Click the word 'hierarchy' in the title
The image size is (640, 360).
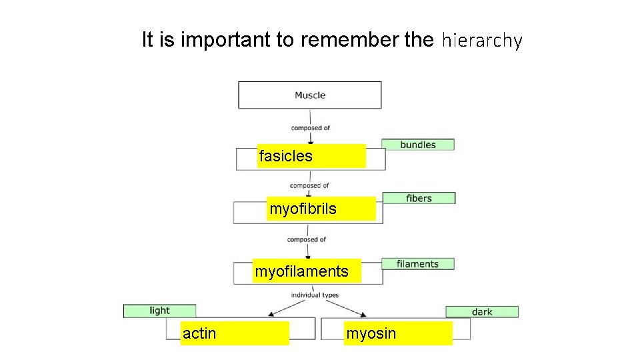pos(481,41)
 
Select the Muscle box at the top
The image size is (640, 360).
pos(310,95)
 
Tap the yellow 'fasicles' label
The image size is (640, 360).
pos(311,156)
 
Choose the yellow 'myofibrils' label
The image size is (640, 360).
pos(322,209)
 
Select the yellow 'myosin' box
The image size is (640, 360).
pos(398,333)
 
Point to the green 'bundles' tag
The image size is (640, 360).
pos(417,145)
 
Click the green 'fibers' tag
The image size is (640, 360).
pos(419,198)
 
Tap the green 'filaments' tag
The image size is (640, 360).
pos(417,264)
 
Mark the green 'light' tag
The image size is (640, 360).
pos(159,311)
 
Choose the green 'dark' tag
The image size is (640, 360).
pos(482,311)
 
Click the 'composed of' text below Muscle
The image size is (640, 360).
pos(310,128)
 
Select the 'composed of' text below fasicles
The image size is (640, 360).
pos(309,185)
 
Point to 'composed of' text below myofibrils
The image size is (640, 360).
pos(307,239)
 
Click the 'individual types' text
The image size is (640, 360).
pos(314,295)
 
